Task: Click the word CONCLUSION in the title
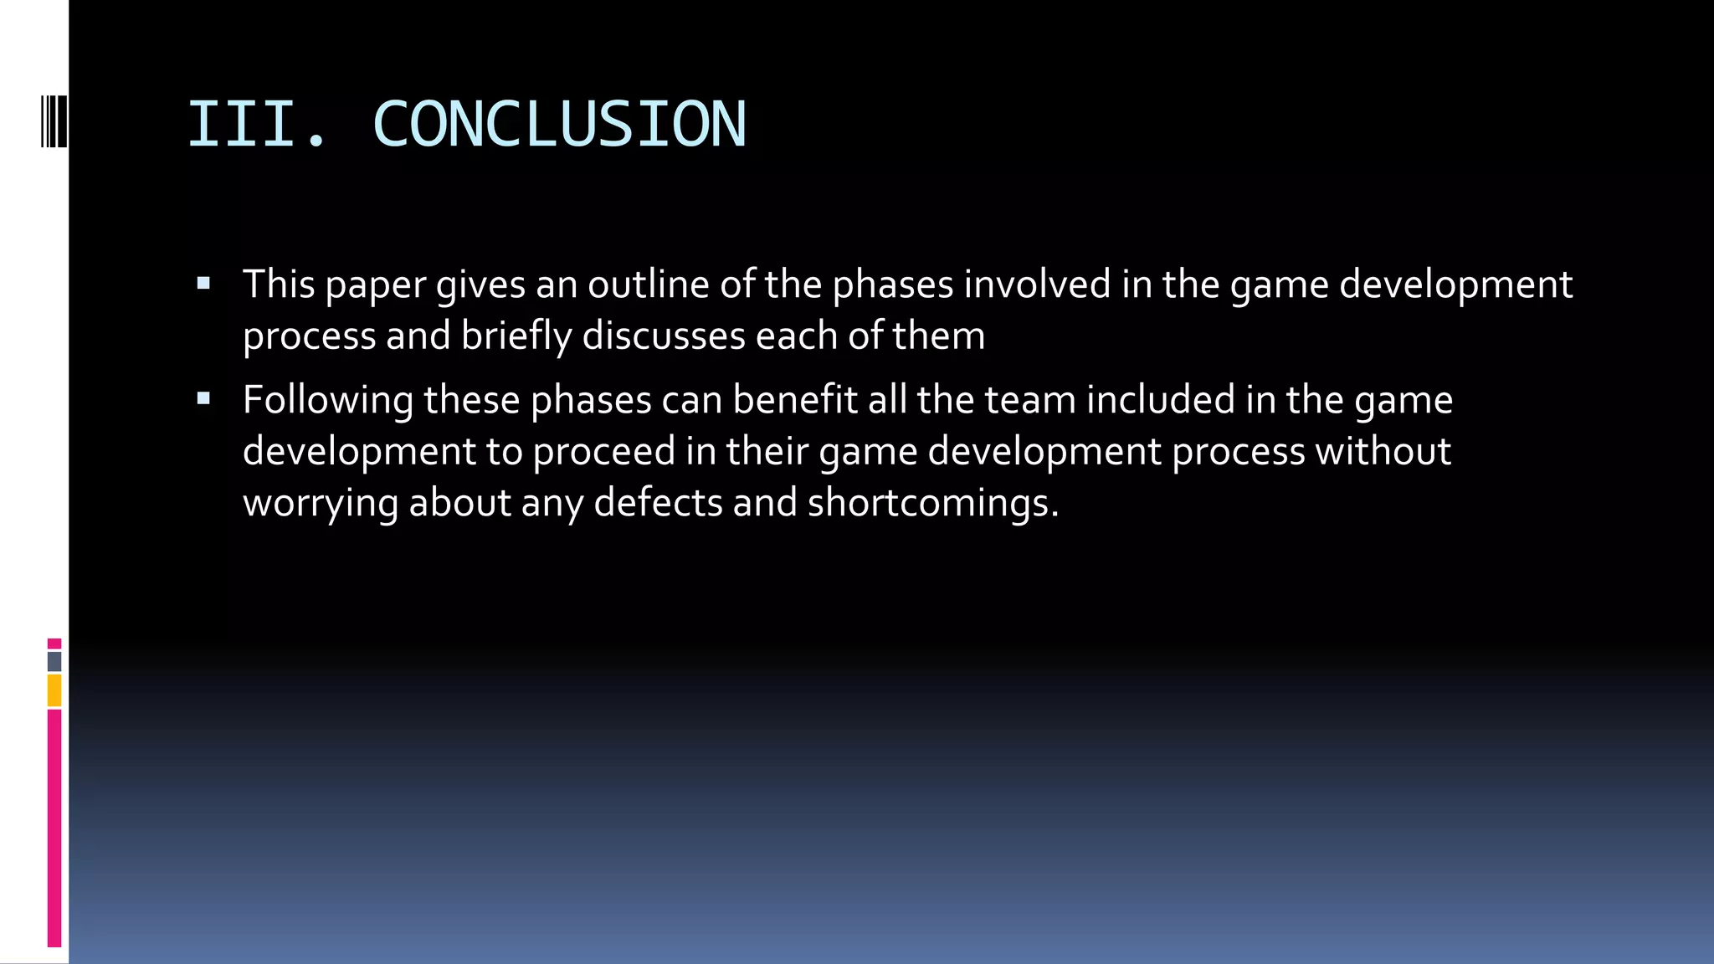[x=558, y=125]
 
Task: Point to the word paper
[x=376, y=286]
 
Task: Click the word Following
[x=327, y=401]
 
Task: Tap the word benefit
[x=795, y=400]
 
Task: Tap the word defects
[x=658, y=503]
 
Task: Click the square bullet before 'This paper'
[x=203, y=284]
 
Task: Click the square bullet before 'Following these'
[x=203, y=399]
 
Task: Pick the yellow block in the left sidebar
[x=54, y=691]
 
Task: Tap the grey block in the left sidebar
[x=54, y=662]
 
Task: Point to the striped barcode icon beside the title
[x=54, y=122]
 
